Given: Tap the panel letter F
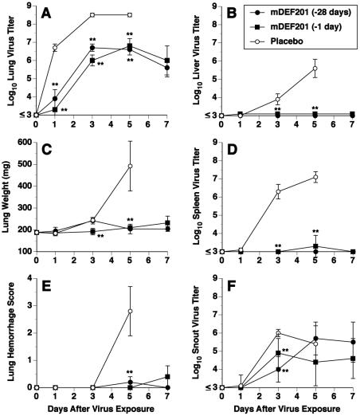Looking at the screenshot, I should coord(225,285).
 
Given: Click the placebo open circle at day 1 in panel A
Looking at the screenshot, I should coord(55,48).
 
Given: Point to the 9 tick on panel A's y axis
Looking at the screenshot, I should coord(25,7).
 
